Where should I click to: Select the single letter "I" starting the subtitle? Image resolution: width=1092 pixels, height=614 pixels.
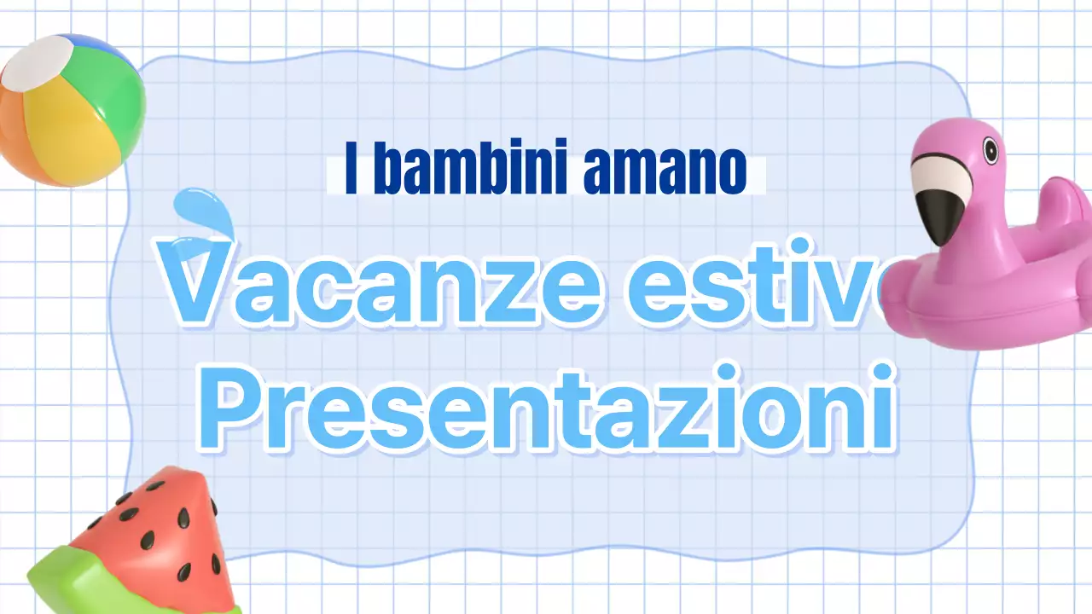pos(351,171)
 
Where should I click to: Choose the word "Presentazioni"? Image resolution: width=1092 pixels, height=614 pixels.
pos(546,408)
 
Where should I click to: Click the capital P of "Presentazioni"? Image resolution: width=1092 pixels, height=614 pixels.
pos(230,408)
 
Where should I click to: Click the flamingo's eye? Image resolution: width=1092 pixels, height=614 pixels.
pos(990,151)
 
